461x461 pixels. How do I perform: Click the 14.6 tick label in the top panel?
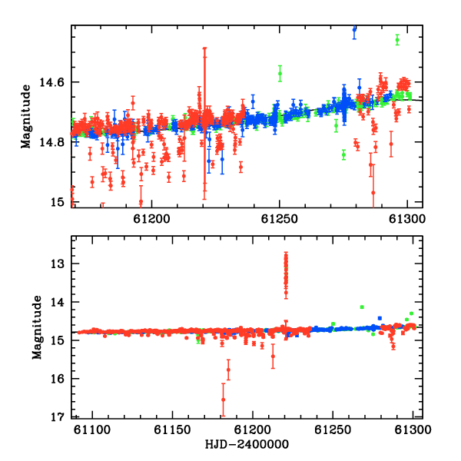[51, 82]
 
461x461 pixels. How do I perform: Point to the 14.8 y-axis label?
[51, 142]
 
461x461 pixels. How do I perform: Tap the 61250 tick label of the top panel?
[280, 219]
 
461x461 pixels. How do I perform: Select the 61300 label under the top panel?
[407, 219]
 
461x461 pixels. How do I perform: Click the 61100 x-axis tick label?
[92, 429]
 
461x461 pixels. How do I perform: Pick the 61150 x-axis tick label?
[172, 429]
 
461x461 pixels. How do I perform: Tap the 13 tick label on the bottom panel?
[57, 264]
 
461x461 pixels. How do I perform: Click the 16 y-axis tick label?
[57, 379]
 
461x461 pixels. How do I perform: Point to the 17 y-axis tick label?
[57, 417]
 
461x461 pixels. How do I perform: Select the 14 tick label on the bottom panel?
[57, 302]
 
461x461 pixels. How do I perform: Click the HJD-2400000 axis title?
[247, 444]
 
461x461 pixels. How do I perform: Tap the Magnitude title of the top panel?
[26, 117]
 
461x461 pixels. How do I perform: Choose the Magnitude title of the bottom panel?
[37, 327]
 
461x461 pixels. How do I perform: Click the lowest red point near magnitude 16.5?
[223, 400]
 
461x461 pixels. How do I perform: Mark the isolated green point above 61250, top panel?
[280, 74]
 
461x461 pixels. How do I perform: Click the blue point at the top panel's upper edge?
[354, 30]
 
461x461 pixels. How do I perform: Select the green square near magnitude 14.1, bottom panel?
[362, 307]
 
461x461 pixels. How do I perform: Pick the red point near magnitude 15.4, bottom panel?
[273, 357]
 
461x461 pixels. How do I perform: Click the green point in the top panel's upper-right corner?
[397, 40]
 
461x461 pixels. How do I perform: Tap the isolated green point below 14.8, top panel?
[343, 154]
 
